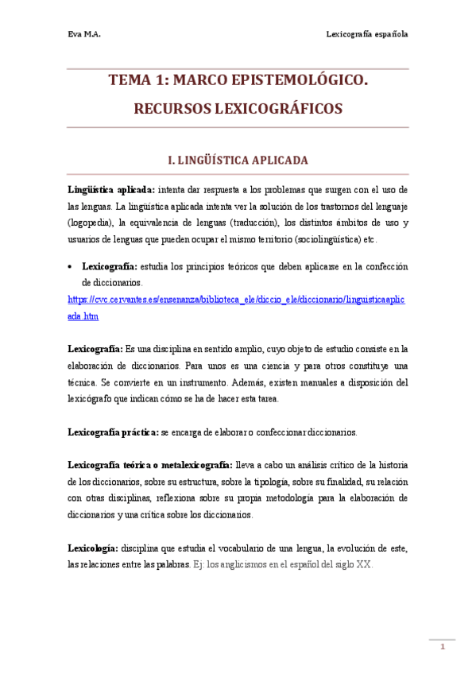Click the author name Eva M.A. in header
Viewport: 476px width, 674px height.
(84, 34)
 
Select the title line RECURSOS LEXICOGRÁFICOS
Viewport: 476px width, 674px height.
(238, 108)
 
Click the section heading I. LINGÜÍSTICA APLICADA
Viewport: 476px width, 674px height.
(238, 161)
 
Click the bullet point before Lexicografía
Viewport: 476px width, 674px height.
(72, 267)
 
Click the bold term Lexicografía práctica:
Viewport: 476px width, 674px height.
(114, 432)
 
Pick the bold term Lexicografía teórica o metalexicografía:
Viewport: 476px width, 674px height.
(150, 465)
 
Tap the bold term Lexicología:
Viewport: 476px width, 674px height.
(94, 548)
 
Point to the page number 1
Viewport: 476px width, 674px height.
(443, 648)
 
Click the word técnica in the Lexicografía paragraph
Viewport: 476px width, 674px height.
(82, 382)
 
